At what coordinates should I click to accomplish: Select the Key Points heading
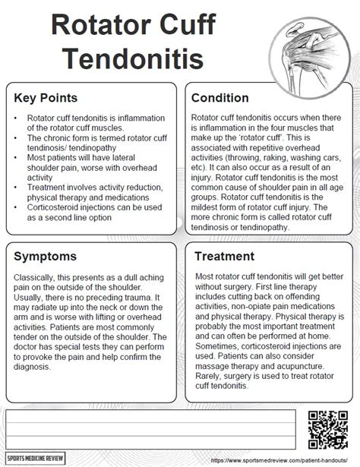pyautogui.click(x=44, y=98)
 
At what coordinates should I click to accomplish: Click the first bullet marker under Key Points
pyautogui.click(x=17, y=119)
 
